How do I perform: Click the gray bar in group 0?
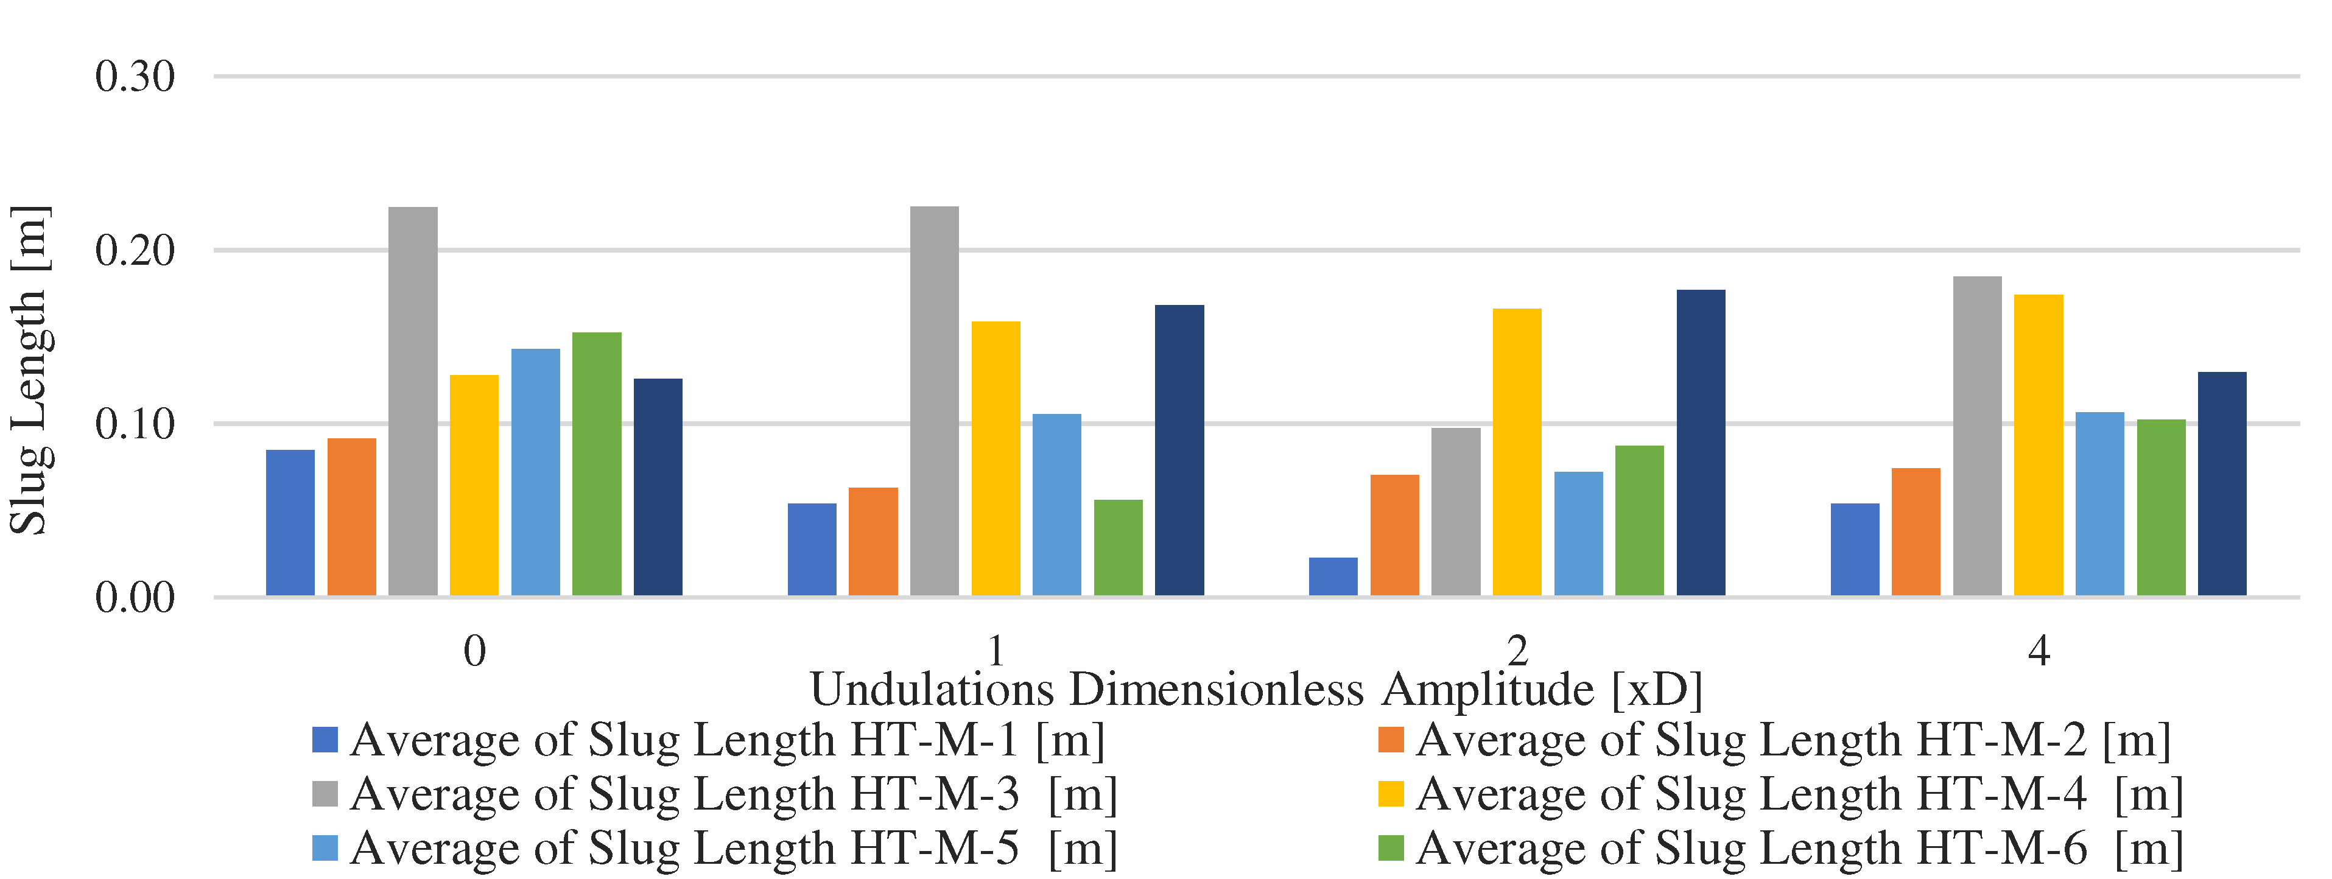[413, 401]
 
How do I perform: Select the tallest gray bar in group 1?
[934, 401]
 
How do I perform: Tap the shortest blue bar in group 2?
[1333, 576]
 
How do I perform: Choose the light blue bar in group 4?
[2099, 503]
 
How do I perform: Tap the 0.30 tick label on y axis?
[135, 77]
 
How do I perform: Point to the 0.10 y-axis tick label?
[135, 424]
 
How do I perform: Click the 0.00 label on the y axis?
[135, 598]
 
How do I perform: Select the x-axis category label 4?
[2039, 650]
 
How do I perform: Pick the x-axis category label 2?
[1517, 650]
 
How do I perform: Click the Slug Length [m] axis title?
[29, 371]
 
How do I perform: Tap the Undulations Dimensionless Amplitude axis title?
[1257, 690]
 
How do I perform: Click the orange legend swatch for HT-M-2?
[1391, 740]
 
